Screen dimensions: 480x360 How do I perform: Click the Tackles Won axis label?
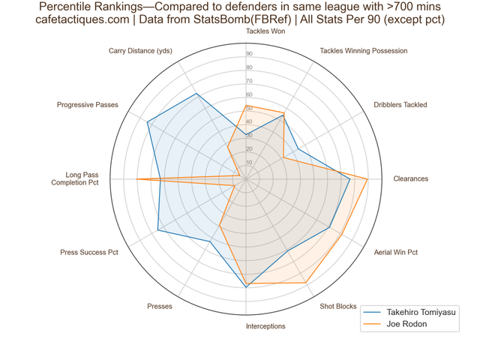(x=265, y=31)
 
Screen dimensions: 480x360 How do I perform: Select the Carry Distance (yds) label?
(x=140, y=51)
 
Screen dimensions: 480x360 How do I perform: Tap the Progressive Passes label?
(x=88, y=105)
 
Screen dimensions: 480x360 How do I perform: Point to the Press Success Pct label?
(x=89, y=252)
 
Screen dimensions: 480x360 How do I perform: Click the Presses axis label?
(x=160, y=307)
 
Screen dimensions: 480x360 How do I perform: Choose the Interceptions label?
(x=265, y=326)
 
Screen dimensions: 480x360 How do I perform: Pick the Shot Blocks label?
(x=338, y=307)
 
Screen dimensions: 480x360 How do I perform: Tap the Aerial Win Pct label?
(x=396, y=252)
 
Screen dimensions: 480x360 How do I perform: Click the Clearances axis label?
(x=411, y=178)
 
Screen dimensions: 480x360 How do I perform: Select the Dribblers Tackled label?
(x=400, y=105)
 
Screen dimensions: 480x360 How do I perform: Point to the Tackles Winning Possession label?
(x=364, y=51)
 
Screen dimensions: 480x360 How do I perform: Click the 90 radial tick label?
(x=249, y=54)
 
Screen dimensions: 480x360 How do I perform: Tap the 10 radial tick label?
(x=249, y=163)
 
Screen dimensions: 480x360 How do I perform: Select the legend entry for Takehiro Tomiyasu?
(x=409, y=312)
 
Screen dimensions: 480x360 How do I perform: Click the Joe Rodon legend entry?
(x=395, y=324)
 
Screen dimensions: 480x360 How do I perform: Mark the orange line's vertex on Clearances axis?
(x=367, y=178)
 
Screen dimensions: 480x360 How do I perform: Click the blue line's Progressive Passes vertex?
(x=147, y=122)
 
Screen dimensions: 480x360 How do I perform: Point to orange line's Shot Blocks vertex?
(x=305, y=283)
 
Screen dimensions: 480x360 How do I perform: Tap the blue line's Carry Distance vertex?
(x=196, y=94)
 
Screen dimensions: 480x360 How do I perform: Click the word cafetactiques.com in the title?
(x=82, y=19)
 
